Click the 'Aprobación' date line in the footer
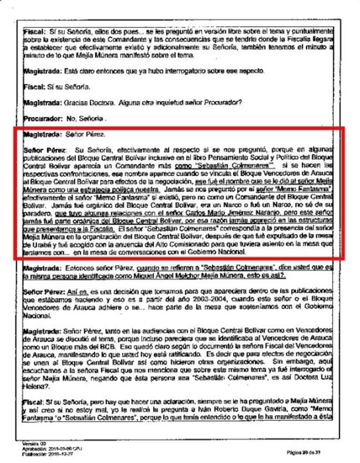pyautogui.click(x=44, y=448)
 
